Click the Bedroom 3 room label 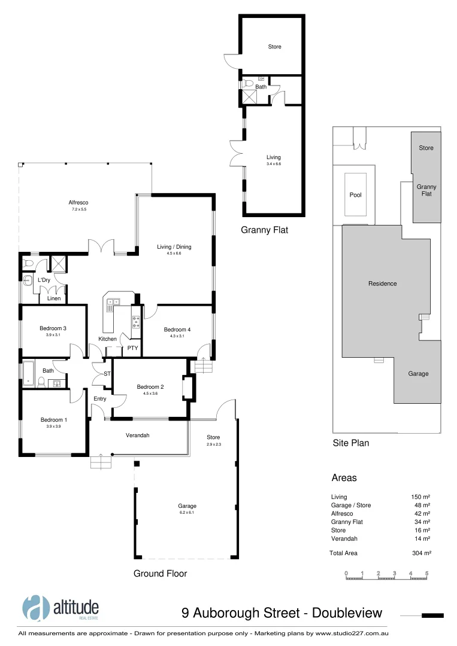[x=53, y=328]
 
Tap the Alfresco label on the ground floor [x=79, y=202]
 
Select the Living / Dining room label [x=174, y=246]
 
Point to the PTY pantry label [x=132, y=348]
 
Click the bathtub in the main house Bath [x=28, y=374]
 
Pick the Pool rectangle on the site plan [x=355, y=194]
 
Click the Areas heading [x=344, y=478]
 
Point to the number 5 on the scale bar [x=426, y=574]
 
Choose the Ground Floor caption [x=160, y=574]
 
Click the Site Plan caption [x=350, y=443]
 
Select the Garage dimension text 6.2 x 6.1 [x=187, y=513]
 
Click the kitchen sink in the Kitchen [x=111, y=304]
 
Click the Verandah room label [x=137, y=435]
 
